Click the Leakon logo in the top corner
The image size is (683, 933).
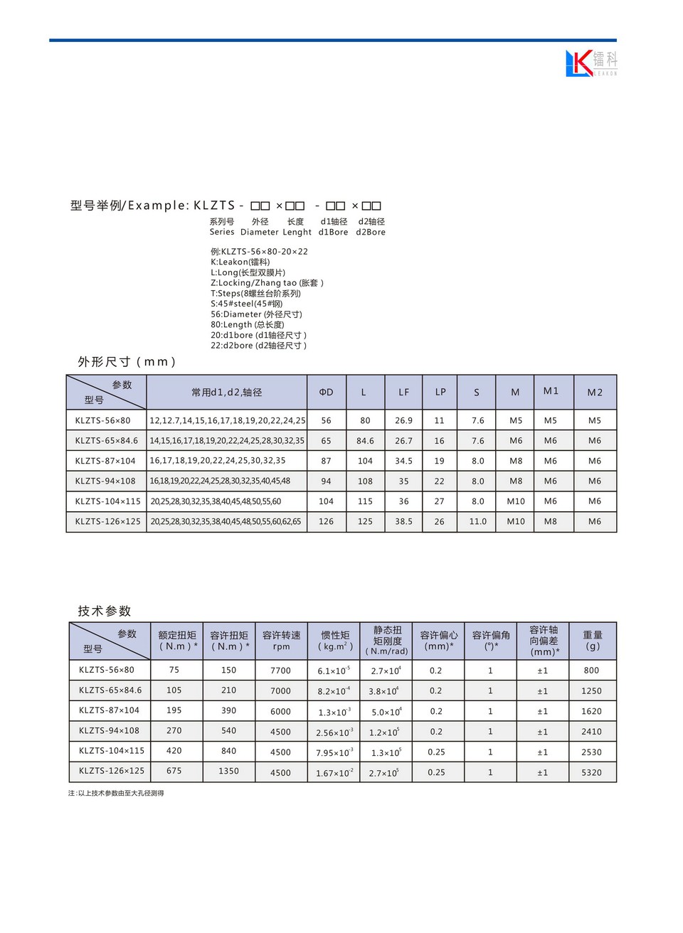(591, 63)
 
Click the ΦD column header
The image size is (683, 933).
(326, 393)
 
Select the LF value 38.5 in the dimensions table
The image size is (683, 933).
(403, 521)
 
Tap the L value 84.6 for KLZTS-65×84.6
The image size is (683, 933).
(365, 441)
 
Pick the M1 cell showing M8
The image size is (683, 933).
(551, 521)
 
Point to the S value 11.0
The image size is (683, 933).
(477, 521)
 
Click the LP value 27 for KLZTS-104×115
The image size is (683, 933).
(439, 501)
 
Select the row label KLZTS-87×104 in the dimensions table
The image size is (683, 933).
(105, 461)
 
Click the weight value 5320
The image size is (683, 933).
(591, 772)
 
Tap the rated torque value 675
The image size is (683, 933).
(174, 771)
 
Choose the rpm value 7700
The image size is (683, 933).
(280, 671)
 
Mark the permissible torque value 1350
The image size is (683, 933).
(228, 771)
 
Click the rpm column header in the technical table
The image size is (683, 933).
(281, 641)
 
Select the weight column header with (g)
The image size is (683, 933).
(593, 640)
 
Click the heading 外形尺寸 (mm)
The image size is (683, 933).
(127, 362)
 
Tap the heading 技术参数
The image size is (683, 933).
(105, 611)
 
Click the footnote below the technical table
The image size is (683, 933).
(116, 793)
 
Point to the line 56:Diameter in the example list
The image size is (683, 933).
(256, 314)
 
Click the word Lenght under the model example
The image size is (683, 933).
(297, 232)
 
